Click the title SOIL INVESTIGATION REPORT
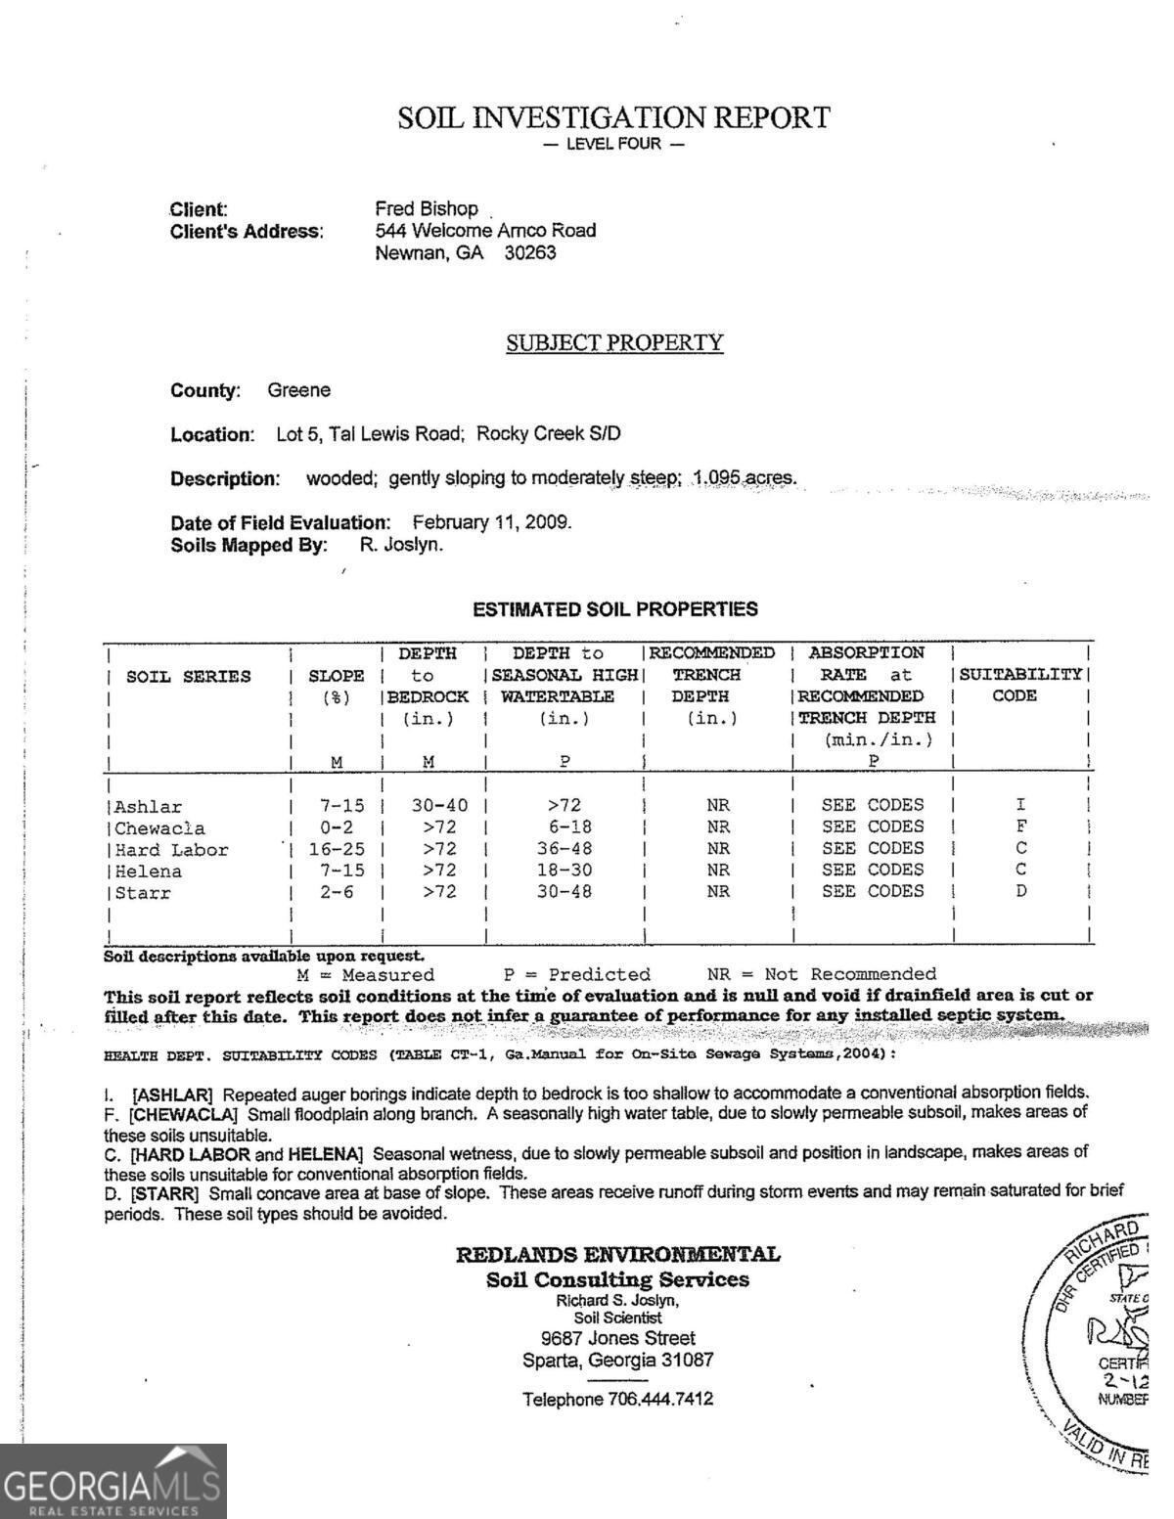point(613,118)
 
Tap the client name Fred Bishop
point(427,209)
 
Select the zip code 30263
point(530,253)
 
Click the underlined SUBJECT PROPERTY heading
point(614,343)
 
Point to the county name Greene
point(299,390)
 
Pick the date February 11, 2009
point(491,522)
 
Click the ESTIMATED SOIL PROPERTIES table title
point(614,609)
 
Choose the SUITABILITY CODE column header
point(1020,685)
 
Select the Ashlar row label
point(148,807)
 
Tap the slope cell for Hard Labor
point(337,849)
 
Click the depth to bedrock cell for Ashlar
point(439,806)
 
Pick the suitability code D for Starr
point(1020,891)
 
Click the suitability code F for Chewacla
point(1020,827)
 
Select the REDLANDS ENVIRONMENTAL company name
point(618,1255)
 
